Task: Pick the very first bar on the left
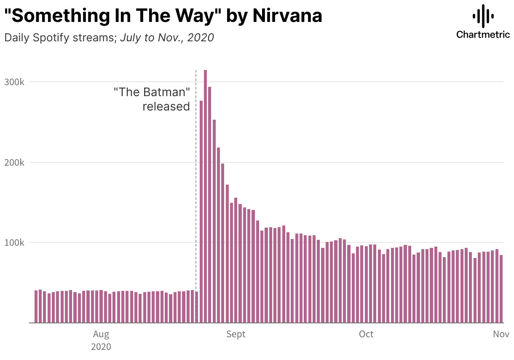pyautogui.click(x=36, y=306)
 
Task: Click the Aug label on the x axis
pyautogui.click(x=101, y=334)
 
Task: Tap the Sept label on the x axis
pyautogui.click(x=236, y=334)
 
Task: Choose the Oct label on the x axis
pyautogui.click(x=366, y=334)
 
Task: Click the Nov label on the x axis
pyautogui.click(x=501, y=334)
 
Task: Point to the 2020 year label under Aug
pyautogui.click(x=101, y=347)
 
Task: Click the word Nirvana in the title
pyautogui.click(x=287, y=16)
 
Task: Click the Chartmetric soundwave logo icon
pyautogui.click(x=483, y=16)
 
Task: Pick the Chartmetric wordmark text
pyautogui.click(x=483, y=35)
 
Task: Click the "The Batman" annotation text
pyautogui.click(x=152, y=92)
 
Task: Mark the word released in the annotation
pyautogui.click(x=166, y=106)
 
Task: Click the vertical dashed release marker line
pyautogui.click(x=196, y=169)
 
